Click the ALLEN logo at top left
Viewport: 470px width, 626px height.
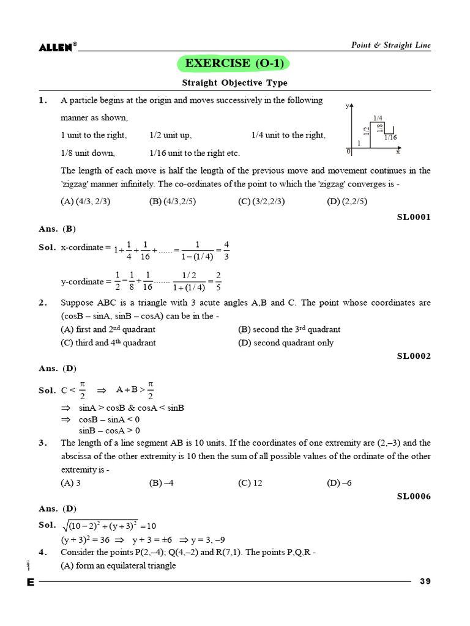tap(56, 46)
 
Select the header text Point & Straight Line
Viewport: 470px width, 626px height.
tap(390, 45)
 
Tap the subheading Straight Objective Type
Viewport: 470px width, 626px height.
tap(234, 83)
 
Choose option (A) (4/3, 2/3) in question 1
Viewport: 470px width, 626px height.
tap(86, 201)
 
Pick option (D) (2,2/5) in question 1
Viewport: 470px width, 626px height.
tap(348, 201)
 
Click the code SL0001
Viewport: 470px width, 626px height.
tap(414, 216)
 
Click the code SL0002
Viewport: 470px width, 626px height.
tap(414, 356)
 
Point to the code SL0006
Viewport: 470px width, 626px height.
tap(414, 496)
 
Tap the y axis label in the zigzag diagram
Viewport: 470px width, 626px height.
tap(347, 106)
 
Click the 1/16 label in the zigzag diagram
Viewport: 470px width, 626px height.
tap(390, 138)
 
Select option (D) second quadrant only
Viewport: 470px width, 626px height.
tap(286, 343)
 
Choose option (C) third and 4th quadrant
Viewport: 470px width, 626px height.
tap(108, 343)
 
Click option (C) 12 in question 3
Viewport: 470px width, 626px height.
tap(250, 483)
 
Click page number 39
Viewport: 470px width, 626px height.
tap(425, 581)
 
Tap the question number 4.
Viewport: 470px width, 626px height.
tap(43, 552)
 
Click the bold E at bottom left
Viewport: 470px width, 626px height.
tap(31, 583)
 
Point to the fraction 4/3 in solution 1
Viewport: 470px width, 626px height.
tap(226, 248)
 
